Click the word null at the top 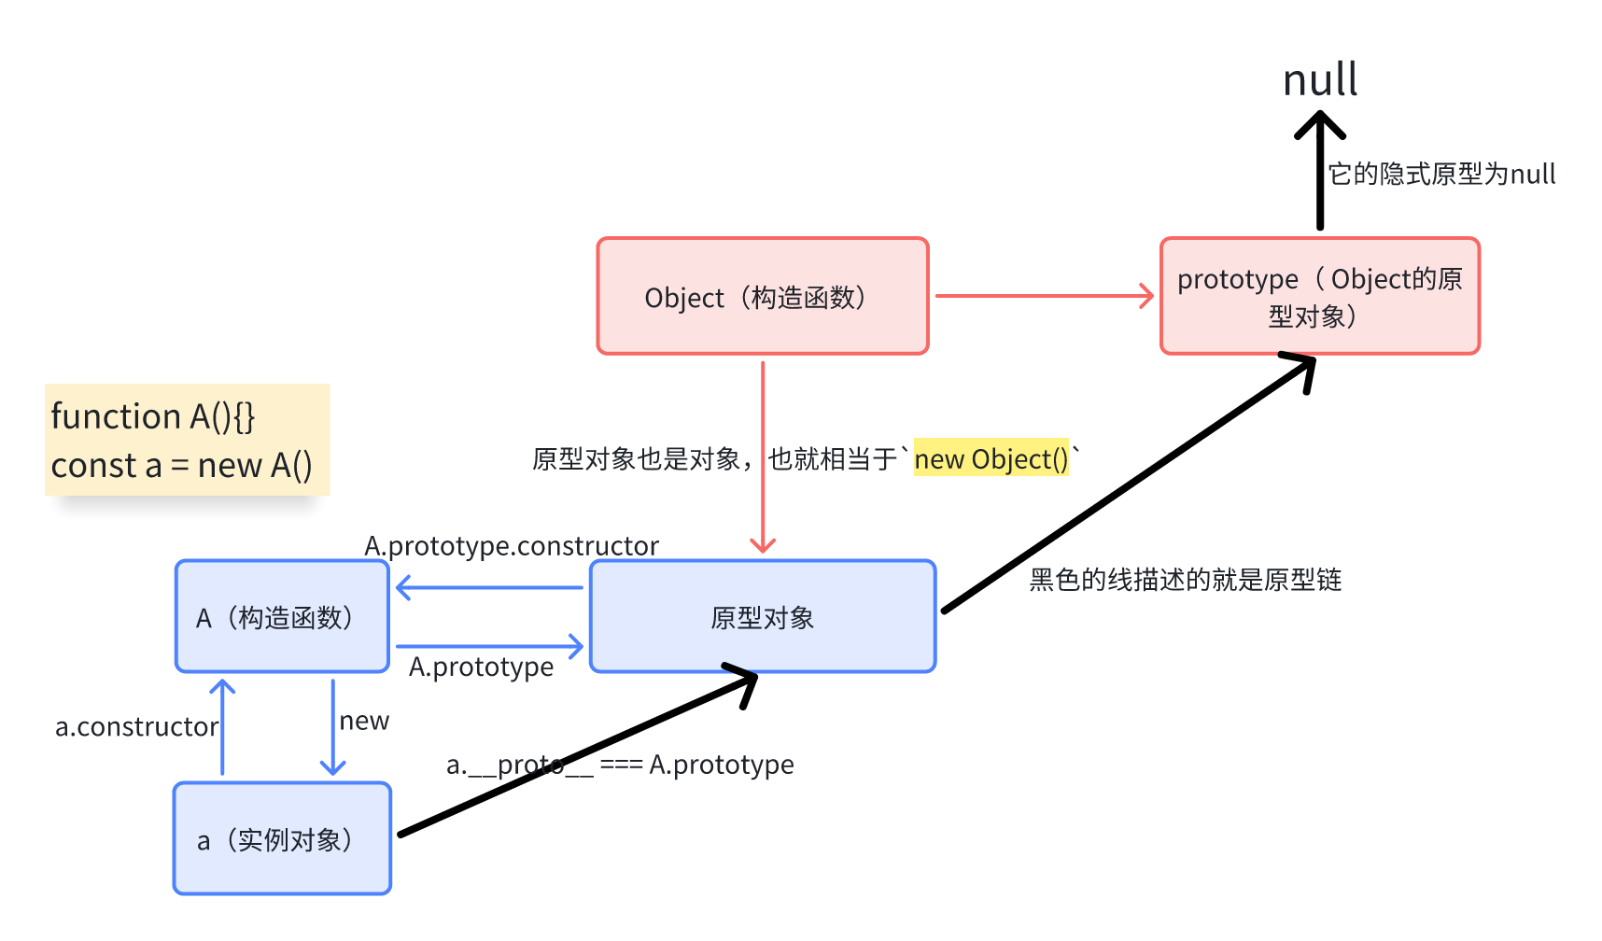click(x=1319, y=80)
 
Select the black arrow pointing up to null click(x=1320, y=173)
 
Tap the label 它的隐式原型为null click(x=1441, y=175)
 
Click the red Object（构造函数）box click(x=762, y=297)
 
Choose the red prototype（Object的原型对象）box click(x=1319, y=297)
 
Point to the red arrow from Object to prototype click(x=1043, y=296)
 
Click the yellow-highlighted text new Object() click(x=991, y=459)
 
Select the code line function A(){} click(x=153, y=416)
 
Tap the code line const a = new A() click(x=181, y=465)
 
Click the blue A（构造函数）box click(x=282, y=617)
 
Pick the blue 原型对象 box click(x=762, y=617)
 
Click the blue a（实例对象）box click(x=282, y=839)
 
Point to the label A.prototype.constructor click(x=512, y=546)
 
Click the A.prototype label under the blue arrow click(x=481, y=667)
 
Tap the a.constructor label click(x=136, y=727)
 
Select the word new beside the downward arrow click(x=364, y=722)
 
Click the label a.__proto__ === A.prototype click(x=620, y=765)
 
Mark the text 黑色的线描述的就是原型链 click(x=1185, y=580)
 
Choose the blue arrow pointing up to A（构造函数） click(x=222, y=727)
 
